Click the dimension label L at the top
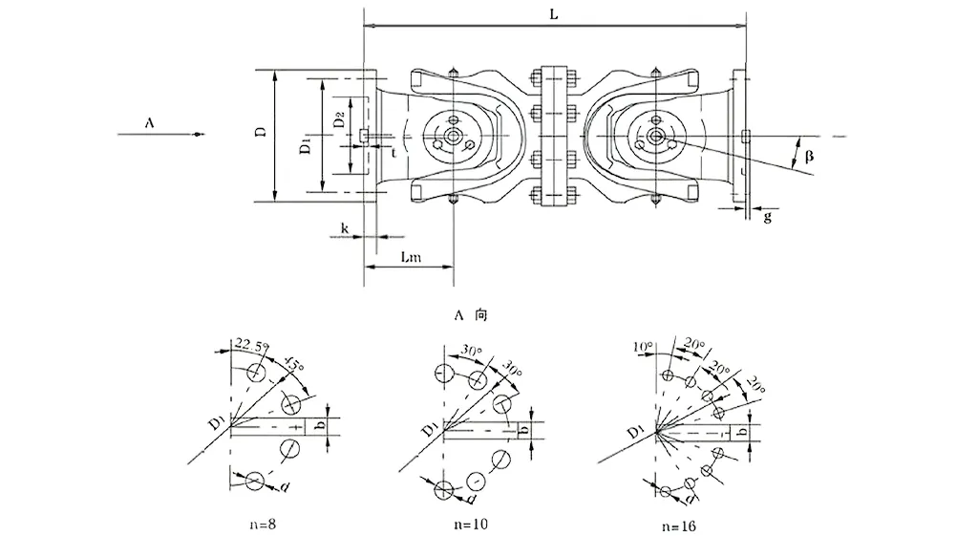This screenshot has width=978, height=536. (x=555, y=16)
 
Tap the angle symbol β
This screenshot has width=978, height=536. (x=808, y=156)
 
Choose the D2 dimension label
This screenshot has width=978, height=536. (x=338, y=122)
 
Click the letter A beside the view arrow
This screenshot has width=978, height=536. (x=149, y=123)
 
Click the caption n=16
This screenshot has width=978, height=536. (x=679, y=525)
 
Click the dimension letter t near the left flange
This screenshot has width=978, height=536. (x=393, y=152)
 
